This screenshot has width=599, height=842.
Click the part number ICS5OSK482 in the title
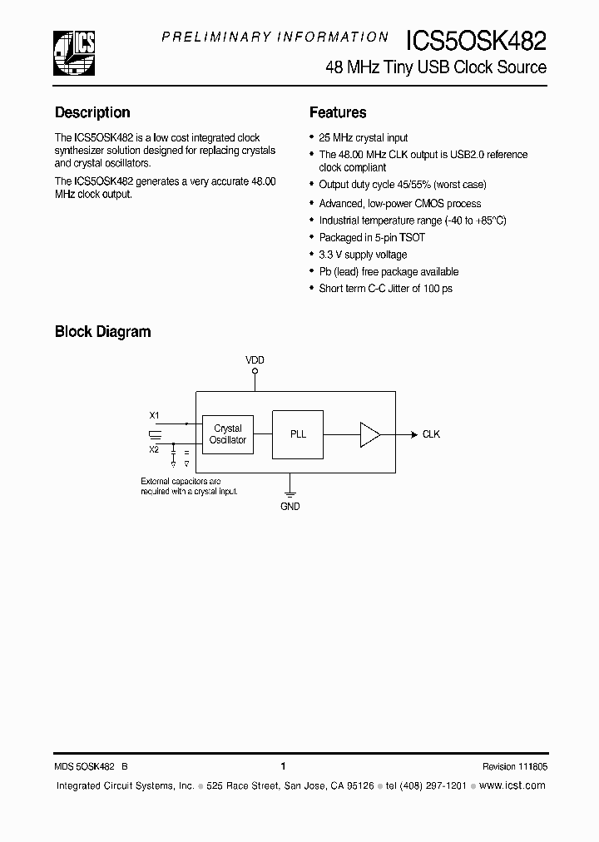coord(476,41)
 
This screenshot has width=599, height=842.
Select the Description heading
coord(92,112)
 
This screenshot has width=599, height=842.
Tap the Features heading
coord(338,112)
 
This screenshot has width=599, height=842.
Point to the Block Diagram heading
coord(102,331)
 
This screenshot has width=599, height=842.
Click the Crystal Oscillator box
coord(228,434)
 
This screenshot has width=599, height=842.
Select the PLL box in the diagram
coord(298,433)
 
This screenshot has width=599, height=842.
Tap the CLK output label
coord(431,434)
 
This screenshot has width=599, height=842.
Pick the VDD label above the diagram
coord(255,359)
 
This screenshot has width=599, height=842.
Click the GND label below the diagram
coord(290,506)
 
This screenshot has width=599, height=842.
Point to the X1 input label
coord(154,414)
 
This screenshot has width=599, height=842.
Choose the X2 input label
coord(154,449)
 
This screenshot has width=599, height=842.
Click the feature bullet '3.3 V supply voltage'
coord(363,255)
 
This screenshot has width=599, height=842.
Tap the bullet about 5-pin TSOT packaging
coord(372,238)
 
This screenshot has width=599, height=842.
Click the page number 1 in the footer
coord(284,766)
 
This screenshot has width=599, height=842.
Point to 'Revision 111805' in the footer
coord(514,766)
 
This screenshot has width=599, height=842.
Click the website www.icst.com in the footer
coord(512,785)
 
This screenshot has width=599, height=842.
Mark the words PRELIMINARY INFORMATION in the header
coord(275,37)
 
